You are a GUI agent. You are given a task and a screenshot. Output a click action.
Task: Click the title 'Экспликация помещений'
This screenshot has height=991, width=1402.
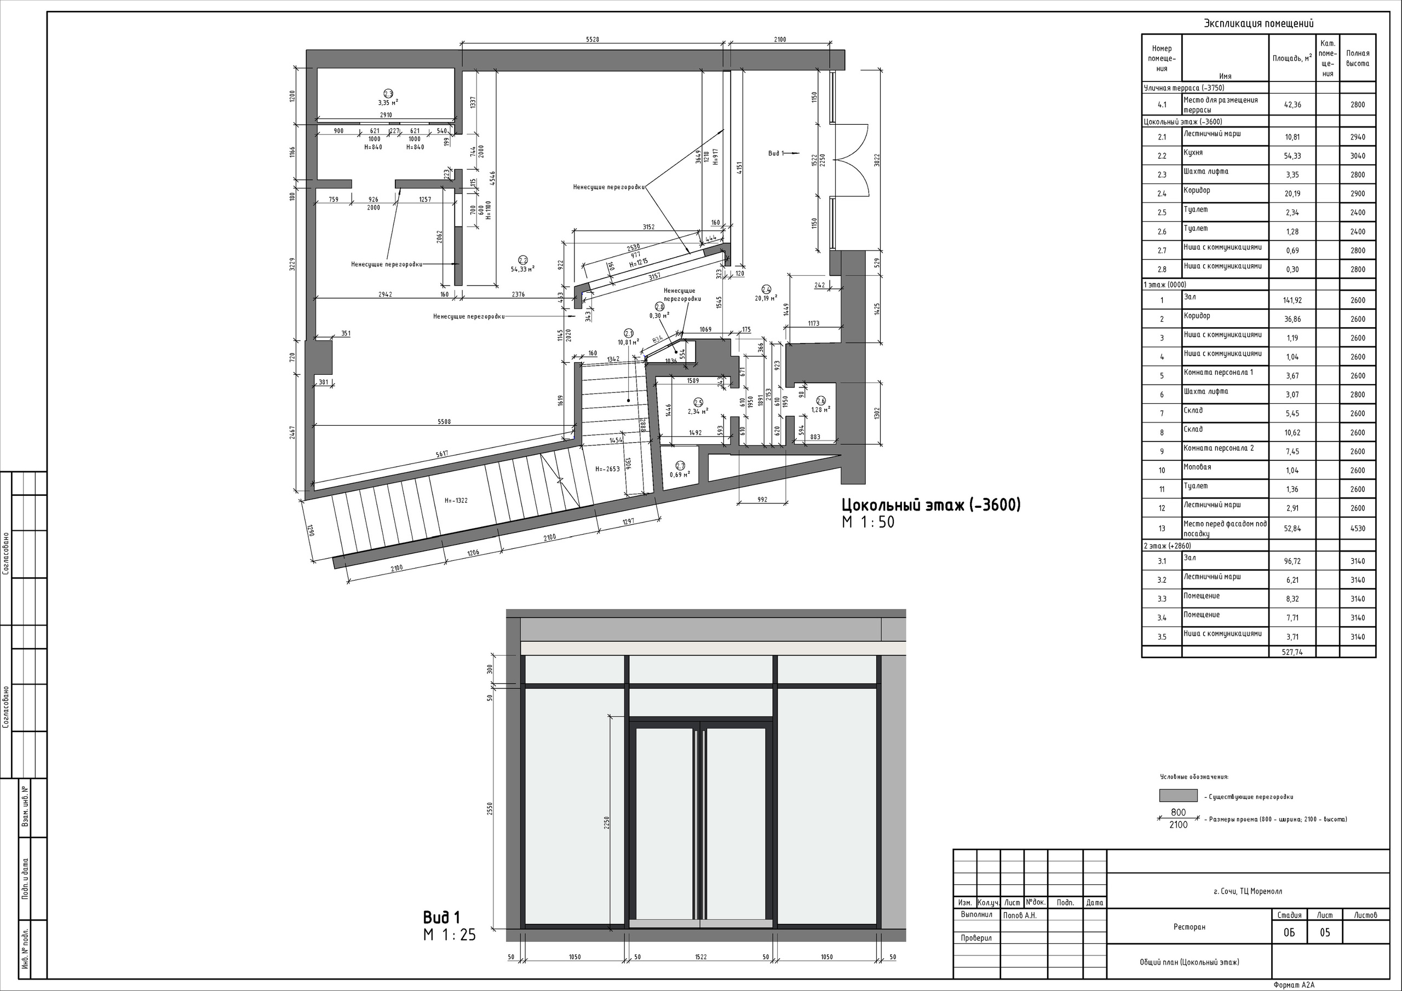click(x=1258, y=23)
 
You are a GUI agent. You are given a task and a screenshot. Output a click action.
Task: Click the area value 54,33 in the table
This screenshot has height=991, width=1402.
click(x=1292, y=155)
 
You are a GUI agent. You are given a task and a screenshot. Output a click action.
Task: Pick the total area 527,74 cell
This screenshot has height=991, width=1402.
click(x=1292, y=652)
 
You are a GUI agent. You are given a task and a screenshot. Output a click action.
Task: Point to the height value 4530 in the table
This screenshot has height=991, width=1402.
click(x=1358, y=529)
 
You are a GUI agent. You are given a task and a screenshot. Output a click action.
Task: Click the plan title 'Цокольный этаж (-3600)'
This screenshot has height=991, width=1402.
click(x=930, y=505)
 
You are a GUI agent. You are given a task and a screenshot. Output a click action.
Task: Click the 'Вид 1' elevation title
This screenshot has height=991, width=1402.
click(x=441, y=917)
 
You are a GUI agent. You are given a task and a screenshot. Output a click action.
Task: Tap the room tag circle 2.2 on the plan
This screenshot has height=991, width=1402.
click(x=522, y=260)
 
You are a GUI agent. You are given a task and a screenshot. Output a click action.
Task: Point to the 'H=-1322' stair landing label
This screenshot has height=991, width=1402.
click(x=456, y=500)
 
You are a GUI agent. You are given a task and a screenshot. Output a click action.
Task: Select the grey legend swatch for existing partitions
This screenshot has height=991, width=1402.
click(x=1178, y=796)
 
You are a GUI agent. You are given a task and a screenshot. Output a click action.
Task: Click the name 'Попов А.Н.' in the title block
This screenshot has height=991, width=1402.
click(x=1020, y=915)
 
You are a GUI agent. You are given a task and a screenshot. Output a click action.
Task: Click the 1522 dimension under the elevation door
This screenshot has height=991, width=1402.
click(x=700, y=957)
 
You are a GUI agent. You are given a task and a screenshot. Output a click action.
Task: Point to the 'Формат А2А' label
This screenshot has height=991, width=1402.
click(x=1294, y=985)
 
